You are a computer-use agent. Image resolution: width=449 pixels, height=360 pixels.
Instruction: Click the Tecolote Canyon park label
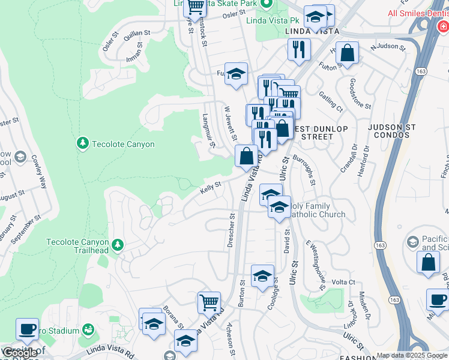(x=123, y=144)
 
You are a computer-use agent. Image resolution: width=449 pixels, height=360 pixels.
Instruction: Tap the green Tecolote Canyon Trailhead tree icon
(x=118, y=245)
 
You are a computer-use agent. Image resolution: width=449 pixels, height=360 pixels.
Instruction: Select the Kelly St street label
(x=211, y=188)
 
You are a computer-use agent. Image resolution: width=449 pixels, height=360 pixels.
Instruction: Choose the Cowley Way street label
(x=39, y=172)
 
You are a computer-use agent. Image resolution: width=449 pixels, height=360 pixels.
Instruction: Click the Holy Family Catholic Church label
(x=317, y=211)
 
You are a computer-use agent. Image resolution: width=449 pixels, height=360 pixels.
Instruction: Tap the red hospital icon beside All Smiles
(x=443, y=26)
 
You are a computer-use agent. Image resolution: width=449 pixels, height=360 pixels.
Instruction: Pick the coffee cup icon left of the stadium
(x=27, y=329)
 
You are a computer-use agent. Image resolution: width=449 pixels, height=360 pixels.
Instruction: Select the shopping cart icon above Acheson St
(x=209, y=301)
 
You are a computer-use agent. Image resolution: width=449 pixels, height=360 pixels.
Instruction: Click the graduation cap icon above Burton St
(x=262, y=276)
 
